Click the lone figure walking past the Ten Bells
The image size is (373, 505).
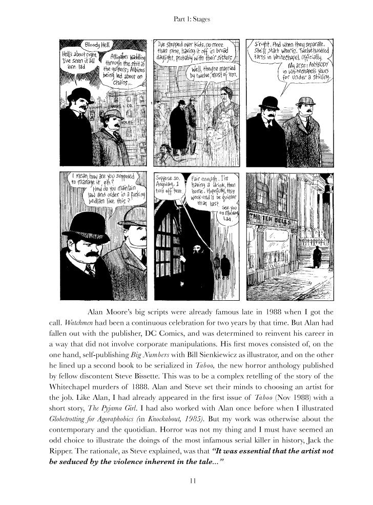click(x=317, y=257)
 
